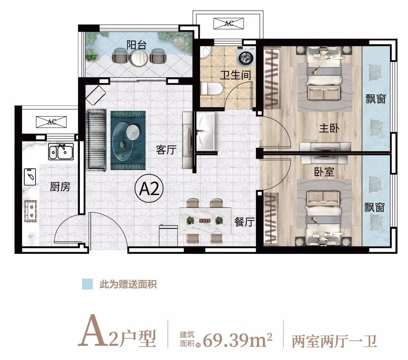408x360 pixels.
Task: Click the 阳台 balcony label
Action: pos(137,45)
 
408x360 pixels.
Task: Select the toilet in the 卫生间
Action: pos(208,89)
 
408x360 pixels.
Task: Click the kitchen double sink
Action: pos(61,151)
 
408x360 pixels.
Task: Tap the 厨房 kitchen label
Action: pos(60,187)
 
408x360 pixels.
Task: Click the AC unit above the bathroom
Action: pos(229,23)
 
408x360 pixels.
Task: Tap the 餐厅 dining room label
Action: pos(244,222)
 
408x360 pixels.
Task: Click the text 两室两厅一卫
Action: pos(334,340)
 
